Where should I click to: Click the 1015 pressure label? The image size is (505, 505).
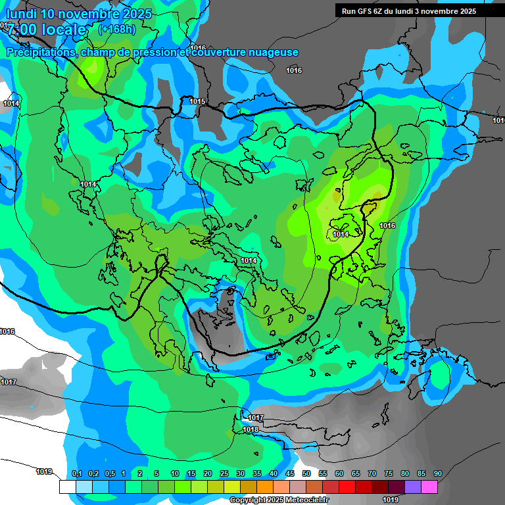coord(197,101)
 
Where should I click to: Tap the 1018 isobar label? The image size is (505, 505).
coord(251,429)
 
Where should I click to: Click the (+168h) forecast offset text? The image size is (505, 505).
coord(116,29)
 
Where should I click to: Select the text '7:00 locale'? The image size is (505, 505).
coord(46,30)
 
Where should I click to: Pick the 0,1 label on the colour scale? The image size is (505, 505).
coord(76,474)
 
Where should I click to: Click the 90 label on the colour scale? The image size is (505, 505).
coord(438,474)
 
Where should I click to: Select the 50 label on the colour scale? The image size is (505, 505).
coord(306,474)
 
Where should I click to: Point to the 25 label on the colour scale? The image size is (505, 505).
coord(224,474)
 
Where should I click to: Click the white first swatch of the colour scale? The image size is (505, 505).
coord(67,487)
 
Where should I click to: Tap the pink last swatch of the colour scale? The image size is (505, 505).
coord(429,487)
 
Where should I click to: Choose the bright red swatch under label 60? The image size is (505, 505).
coord(347,487)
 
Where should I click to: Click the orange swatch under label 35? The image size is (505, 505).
coord(264,487)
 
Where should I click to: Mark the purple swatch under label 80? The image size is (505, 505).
coord(412,487)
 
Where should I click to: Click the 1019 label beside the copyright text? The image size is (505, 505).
coord(391,500)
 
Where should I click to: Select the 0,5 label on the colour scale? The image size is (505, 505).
coord(109,474)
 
